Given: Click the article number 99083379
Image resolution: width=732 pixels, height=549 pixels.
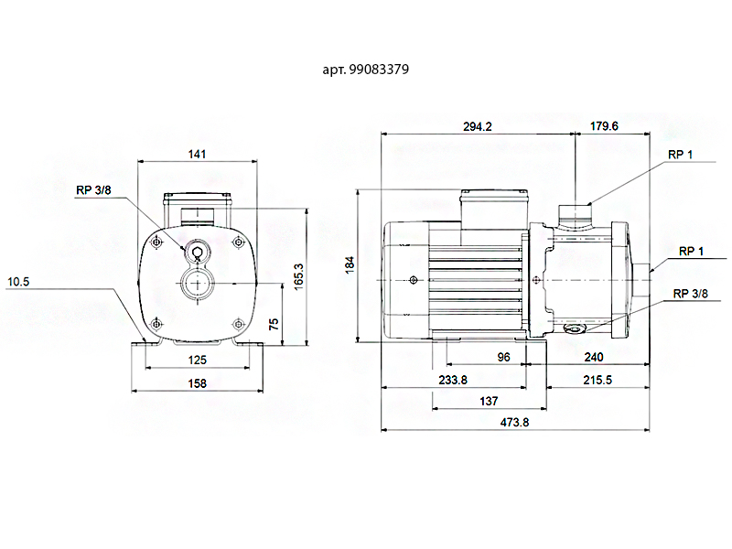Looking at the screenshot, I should point(389,68).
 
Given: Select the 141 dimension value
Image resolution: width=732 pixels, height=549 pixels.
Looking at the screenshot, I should point(197,154).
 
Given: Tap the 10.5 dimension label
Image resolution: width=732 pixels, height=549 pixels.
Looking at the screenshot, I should point(19,282).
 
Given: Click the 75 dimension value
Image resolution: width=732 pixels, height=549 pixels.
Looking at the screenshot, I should point(273,324).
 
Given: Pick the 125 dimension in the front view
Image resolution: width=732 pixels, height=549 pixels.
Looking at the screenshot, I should point(197,360).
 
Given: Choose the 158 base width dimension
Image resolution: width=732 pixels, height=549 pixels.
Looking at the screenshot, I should point(197,383).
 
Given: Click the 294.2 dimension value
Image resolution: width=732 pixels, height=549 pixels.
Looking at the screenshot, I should point(478,127).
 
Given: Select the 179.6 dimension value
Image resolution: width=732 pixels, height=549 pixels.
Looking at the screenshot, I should point(604,127).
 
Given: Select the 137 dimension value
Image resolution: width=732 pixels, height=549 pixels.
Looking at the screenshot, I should point(489,401).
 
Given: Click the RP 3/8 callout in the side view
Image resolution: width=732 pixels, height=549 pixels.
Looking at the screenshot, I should point(691,294).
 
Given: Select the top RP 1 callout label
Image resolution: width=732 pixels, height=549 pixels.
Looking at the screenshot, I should point(680,154).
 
